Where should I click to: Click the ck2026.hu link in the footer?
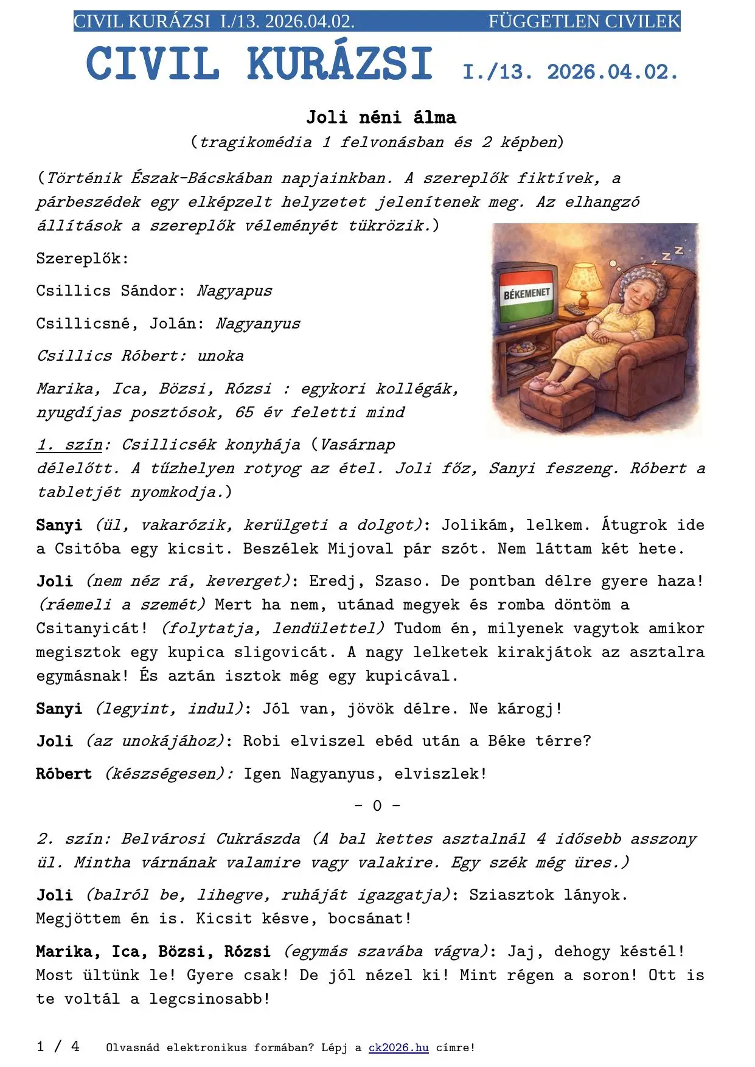coord(398,1048)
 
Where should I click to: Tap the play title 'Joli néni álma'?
coord(381,117)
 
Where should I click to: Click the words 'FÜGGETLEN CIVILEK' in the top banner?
coord(584,22)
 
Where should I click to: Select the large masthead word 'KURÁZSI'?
coord(339,64)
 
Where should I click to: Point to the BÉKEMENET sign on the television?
coord(526,294)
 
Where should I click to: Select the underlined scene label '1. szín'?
coord(69,445)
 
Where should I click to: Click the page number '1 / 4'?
coord(58,1046)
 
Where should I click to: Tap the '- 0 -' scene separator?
coord(377,806)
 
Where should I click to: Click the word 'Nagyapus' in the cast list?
coord(234,291)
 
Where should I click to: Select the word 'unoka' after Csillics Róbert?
coord(220,356)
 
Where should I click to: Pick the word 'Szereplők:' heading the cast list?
coord(82,259)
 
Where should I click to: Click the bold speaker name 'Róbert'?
coord(64,774)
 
